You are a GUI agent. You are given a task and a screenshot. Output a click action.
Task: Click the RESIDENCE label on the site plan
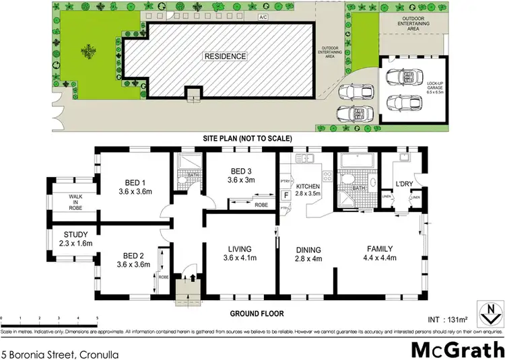pyautogui.click(x=226, y=57)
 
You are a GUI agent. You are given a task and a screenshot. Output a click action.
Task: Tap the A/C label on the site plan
pyautogui.click(x=264, y=18)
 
